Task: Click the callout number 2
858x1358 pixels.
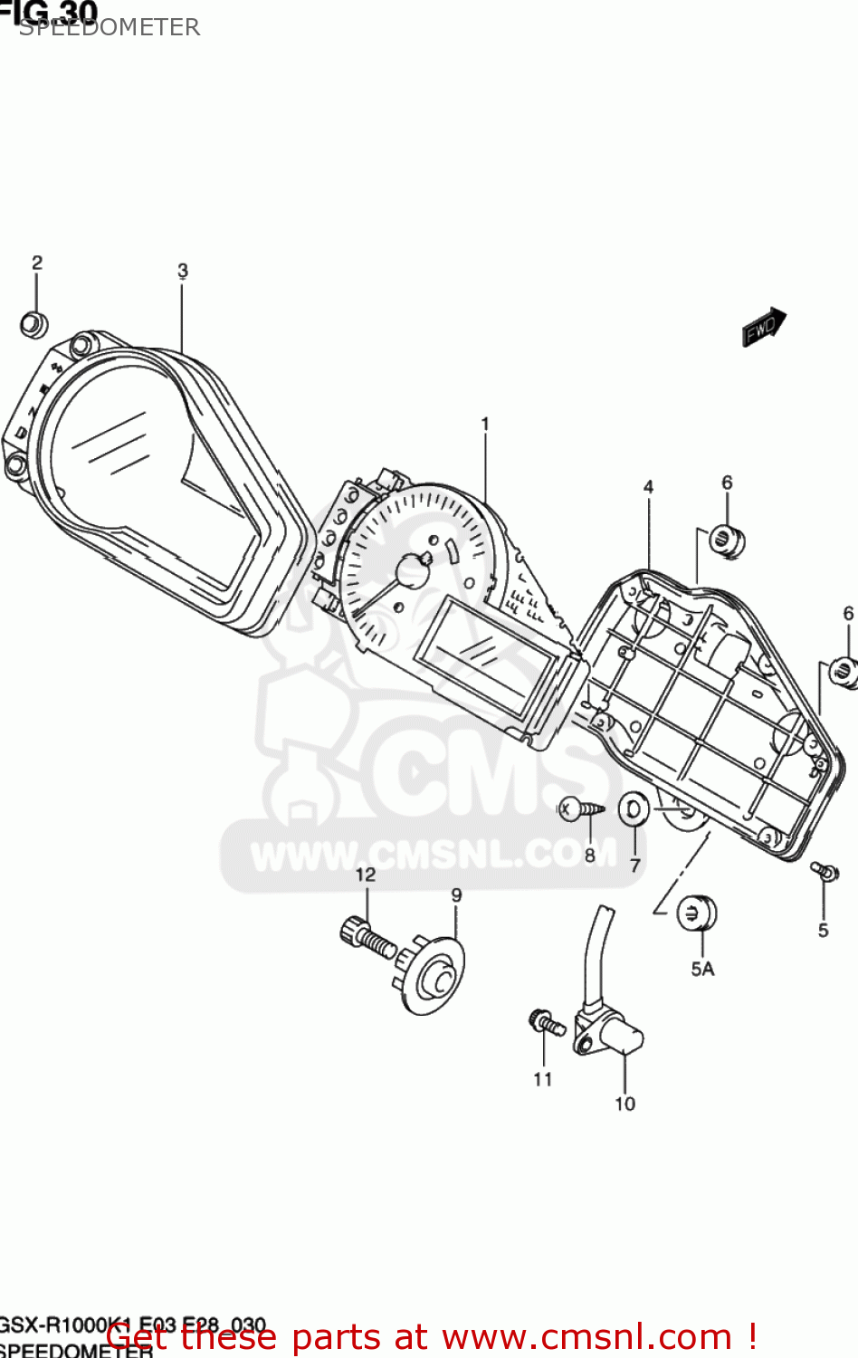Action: pos(37,263)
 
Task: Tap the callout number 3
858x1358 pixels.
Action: pos(183,271)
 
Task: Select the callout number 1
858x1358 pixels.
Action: pos(485,424)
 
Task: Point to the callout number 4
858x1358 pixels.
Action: pos(648,487)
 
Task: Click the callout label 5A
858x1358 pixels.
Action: pos(702,969)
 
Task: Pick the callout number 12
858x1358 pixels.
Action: pos(366,875)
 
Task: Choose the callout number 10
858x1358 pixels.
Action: pos(625,1104)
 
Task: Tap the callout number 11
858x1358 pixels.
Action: pos(543,1079)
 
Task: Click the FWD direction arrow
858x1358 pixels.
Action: pos(764,327)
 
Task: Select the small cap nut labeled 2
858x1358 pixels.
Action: pos(33,324)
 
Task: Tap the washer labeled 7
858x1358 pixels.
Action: pos(634,808)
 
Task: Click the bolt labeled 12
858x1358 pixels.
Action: pos(367,937)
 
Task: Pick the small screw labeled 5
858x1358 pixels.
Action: pos(825,871)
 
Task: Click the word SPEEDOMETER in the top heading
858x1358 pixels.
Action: pos(109,27)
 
